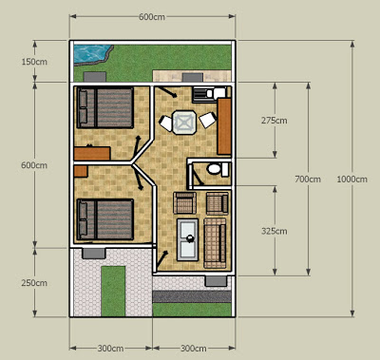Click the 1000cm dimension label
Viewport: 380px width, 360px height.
(x=351, y=180)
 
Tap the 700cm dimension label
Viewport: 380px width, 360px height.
(x=308, y=180)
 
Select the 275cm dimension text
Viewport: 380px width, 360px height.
(x=275, y=121)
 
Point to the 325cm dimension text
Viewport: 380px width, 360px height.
(x=275, y=231)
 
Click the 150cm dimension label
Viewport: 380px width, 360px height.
(x=34, y=62)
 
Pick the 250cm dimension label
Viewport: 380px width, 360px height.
(x=34, y=283)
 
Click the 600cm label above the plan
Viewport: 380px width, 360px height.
(x=152, y=17)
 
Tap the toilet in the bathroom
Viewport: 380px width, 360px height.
(x=218, y=168)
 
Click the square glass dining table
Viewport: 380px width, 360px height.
(x=184, y=122)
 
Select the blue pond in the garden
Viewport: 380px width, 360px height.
(x=91, y=53)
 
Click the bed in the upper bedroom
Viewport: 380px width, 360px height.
(x=105, y=107)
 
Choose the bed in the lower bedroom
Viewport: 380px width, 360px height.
(x=105, y=219)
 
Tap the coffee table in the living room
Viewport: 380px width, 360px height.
(x=187, y=239)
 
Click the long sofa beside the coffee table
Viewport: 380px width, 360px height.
(x=215, y=243)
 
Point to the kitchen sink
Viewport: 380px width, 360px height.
(x=200, y=94)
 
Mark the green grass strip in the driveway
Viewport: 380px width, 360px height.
(x=113, y=291)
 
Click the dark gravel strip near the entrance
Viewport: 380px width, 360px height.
(x=192, y=296)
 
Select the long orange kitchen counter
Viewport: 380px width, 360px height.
(x=224, y=126)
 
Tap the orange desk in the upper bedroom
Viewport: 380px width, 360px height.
(x=92, y=153)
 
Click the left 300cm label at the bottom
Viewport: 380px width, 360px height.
(x=110, y=349)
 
